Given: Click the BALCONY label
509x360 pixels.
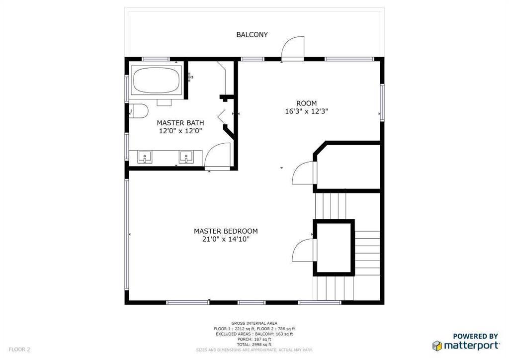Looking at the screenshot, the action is click(x=252, y=35).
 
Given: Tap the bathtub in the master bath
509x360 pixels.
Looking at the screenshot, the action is click(x=157, y=80).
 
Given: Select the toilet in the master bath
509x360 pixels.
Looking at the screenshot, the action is click(x=139, y=111).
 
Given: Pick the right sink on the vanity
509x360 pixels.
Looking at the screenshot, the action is click(x=186, y=157).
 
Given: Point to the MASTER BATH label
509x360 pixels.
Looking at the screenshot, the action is click(x=180, y=123).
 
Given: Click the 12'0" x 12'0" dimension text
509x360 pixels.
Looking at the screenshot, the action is click(x=180, y=131).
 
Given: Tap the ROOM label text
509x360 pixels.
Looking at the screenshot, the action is click(x=306, y=103).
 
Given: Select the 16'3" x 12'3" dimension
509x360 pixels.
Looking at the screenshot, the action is click(x=306, y=112).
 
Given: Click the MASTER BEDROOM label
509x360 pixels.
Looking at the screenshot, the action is click(x=226, y=231).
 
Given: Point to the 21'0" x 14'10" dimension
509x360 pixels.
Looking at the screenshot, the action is click(x=226, y=240).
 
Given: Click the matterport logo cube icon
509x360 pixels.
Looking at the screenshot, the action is click(x=437, y=346).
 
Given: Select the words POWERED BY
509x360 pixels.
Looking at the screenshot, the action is click(x=476, y=336).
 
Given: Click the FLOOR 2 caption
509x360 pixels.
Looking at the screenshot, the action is click(x=19, y=350).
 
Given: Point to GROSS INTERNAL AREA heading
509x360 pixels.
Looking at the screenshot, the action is click(x=254, y=323).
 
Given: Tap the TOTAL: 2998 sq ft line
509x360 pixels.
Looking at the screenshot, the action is click(x=254, y=345).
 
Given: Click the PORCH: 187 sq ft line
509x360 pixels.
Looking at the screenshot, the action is click(x=254, y=339).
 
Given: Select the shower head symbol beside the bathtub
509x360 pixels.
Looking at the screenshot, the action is click(x=190, y=77).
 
